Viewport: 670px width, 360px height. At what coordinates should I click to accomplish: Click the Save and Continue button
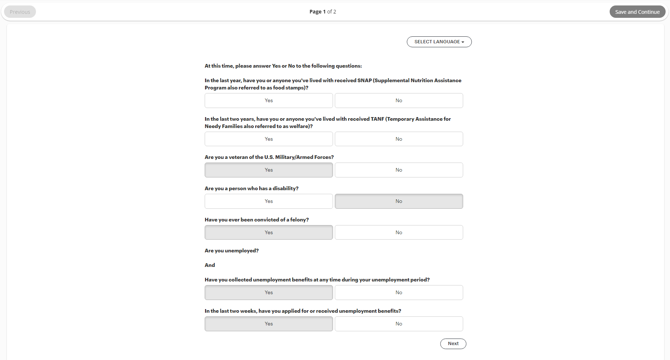pyautogui.click(x=637, y=12)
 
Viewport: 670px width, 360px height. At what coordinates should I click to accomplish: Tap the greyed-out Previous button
pyautogui.click(x=20, y=12)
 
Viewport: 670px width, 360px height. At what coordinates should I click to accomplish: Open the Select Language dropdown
pyautogui.click(x=439, y=42)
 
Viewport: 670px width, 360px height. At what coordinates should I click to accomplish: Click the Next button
pyautogui.click(x=453, y=344)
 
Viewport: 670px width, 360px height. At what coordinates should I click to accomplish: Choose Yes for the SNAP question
pyautogui.click(x=269, y=101)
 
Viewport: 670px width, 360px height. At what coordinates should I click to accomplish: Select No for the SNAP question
pyautogui.click(x=399, y=101)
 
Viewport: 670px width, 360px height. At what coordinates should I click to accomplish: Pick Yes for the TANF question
pyautogui.click(x=269, y=139)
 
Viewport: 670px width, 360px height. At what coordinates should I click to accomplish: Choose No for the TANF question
pyautogui.click(x=399, y=139)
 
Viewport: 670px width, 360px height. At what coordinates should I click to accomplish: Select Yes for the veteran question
pyautogui.click(x=269, y=170)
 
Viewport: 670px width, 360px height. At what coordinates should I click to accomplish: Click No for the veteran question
pyautogui.click(x=399, y=170)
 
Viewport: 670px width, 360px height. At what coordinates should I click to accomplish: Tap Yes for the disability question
pyautogui.click(x=269, y=201)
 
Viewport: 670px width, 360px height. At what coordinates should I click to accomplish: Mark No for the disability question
pyautogui.click(x=399, y=201)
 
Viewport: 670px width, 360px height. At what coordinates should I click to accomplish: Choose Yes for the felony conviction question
pyautogui.click(x=269, y=232)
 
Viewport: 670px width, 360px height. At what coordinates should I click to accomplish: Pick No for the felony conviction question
pyautogui.click(x=399, y=232)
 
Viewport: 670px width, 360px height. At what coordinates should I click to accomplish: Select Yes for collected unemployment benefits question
pyautogui.click(x=269, y=293)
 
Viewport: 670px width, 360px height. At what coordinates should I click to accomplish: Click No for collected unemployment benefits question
pyautogui.click(x=399, y=293)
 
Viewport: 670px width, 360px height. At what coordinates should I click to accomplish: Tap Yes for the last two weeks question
pyautogui.click(x=269, y=324)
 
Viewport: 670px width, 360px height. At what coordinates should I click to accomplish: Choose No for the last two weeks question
pyautogui.click(x=399, y=324)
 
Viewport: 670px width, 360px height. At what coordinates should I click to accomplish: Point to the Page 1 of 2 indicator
pyautogui.click(x=322, y=12)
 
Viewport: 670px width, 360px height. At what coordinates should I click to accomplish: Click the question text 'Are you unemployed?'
pyautogui.click(x=232, y=251)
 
